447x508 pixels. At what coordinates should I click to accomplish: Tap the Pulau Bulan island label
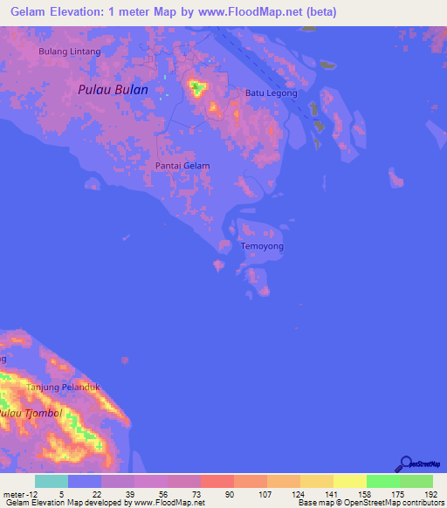point(113,89)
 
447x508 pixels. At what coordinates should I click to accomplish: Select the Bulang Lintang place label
point(70,51)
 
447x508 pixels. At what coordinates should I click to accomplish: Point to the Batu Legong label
point(272,93)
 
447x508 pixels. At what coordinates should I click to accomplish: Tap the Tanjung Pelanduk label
point(64,387)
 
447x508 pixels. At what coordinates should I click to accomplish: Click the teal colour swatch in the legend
point(51,481)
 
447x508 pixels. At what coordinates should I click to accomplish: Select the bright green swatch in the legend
point(382,481)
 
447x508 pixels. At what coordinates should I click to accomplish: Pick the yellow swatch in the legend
point(349,481)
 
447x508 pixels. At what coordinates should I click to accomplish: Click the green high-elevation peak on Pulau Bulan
point(198,87)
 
